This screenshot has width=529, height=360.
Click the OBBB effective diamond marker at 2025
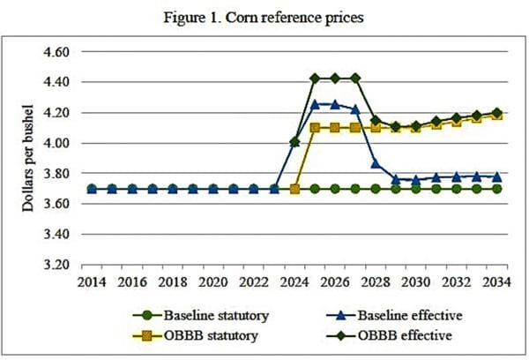point(315,78)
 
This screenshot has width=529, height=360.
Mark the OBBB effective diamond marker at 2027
point(355,78)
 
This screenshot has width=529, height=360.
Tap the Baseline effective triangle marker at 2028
point(376,163)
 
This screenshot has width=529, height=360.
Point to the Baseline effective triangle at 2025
point(315,103)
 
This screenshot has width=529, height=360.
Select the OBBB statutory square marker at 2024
point(294,189)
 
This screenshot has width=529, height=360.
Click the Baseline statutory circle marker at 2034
point(496,189)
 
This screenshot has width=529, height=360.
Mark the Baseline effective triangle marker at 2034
point(496,176)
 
